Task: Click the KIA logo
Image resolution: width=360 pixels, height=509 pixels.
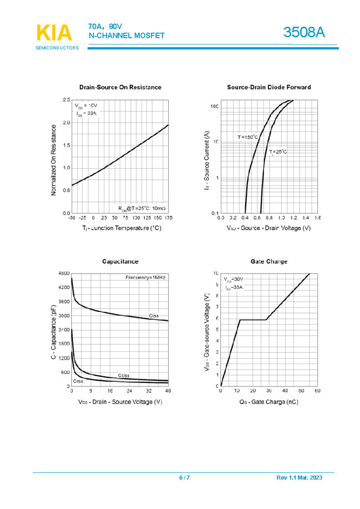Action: (x=54, y=34)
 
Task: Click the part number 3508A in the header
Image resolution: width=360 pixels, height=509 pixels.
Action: (x=303, y=33)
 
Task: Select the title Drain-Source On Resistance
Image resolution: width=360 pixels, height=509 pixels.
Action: (x=120, y=87)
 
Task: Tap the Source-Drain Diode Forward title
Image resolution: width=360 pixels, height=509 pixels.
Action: (x=269, y=87)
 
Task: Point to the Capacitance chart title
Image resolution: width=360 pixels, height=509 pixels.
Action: (x=120, y=261)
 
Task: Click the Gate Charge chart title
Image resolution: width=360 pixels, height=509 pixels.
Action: (x=269, y=261)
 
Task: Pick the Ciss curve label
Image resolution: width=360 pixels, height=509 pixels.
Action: (x=154, y=316)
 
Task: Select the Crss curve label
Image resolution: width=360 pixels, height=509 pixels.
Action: (x=78, y=382)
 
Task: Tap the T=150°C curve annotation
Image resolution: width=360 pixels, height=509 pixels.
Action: (x=248, y=137)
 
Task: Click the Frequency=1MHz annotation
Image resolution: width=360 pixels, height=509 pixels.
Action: (x=145, y=277)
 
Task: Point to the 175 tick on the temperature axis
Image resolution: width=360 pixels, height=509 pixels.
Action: (x=168, y=218)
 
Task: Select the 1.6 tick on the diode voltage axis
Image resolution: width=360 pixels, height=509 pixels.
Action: (x=317, y=218)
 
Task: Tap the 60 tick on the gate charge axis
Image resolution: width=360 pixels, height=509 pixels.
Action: (x=318, y=391)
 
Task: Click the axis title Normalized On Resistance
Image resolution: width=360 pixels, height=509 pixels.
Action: (x=54, y=159)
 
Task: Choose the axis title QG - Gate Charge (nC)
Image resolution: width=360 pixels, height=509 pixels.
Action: (x=269, y=401)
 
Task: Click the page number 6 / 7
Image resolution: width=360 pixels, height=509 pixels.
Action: (x=184, y=478)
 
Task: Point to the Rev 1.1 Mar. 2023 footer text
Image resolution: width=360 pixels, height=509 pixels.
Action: (x=298, y=478)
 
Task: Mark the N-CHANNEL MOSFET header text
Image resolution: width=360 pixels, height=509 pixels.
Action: (x=127, y=36)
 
